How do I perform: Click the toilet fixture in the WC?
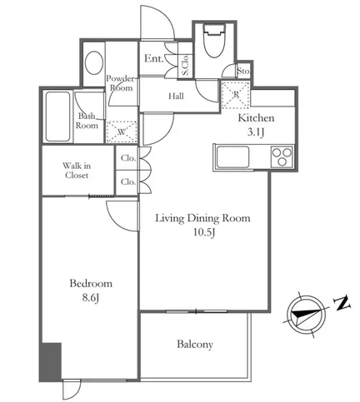pos(214,40)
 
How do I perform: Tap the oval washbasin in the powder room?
pos(94,62)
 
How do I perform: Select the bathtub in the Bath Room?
pos(57,117)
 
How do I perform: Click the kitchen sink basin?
pos(232,156)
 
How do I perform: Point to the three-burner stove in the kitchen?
pos(282,156)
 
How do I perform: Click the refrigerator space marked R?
pos(236,95)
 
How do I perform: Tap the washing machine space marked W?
pos(122,132)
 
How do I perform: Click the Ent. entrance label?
pos(153,58)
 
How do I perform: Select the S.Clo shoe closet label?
pos(185,65)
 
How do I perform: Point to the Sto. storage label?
pos(243,72)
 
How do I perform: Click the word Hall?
pos(176,97)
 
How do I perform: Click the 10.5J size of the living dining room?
pos(204,232)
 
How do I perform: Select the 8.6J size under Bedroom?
pos(91,298)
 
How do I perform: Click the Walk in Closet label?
pos(77,171)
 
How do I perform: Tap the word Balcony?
pos(195,345)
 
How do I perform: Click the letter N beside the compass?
pos(342,304)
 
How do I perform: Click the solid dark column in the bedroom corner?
pos(51,362)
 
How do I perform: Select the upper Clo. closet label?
pos(128,158)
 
